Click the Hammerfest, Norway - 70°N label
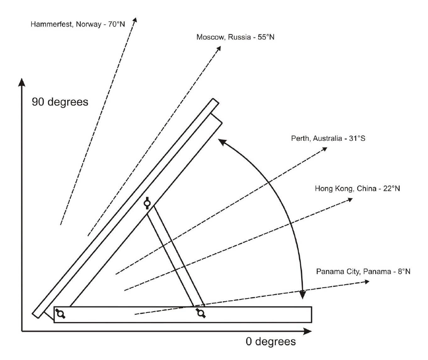78,24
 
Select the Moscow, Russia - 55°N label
235,37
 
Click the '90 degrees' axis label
60,102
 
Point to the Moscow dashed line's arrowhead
219,48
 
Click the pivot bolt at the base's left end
60,313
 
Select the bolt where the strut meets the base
201,313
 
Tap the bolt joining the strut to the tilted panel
148,203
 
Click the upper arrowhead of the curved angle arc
221,141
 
